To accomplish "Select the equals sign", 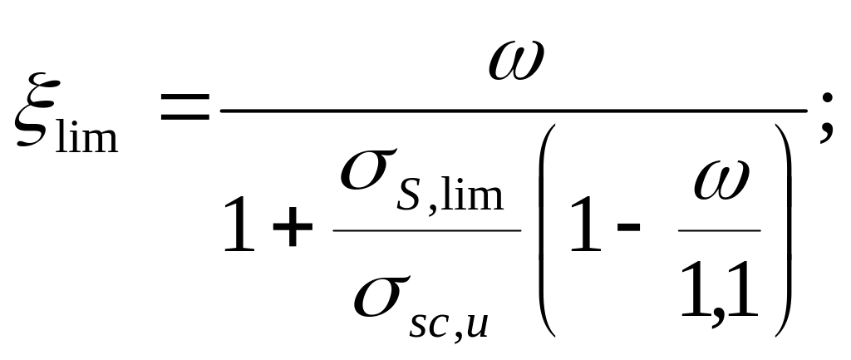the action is (x=184, y=106).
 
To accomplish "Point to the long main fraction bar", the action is (x=514, y=111).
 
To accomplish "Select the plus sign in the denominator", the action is (x=293, y=226).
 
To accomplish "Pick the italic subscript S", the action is (x=409, y=195).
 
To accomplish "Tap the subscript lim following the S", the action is (x=472, y=192).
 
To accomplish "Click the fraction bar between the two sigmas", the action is (x=426, y=230).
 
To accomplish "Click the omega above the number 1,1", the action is (x=721, y=180).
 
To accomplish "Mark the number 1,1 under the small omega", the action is (x=719, y=290).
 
